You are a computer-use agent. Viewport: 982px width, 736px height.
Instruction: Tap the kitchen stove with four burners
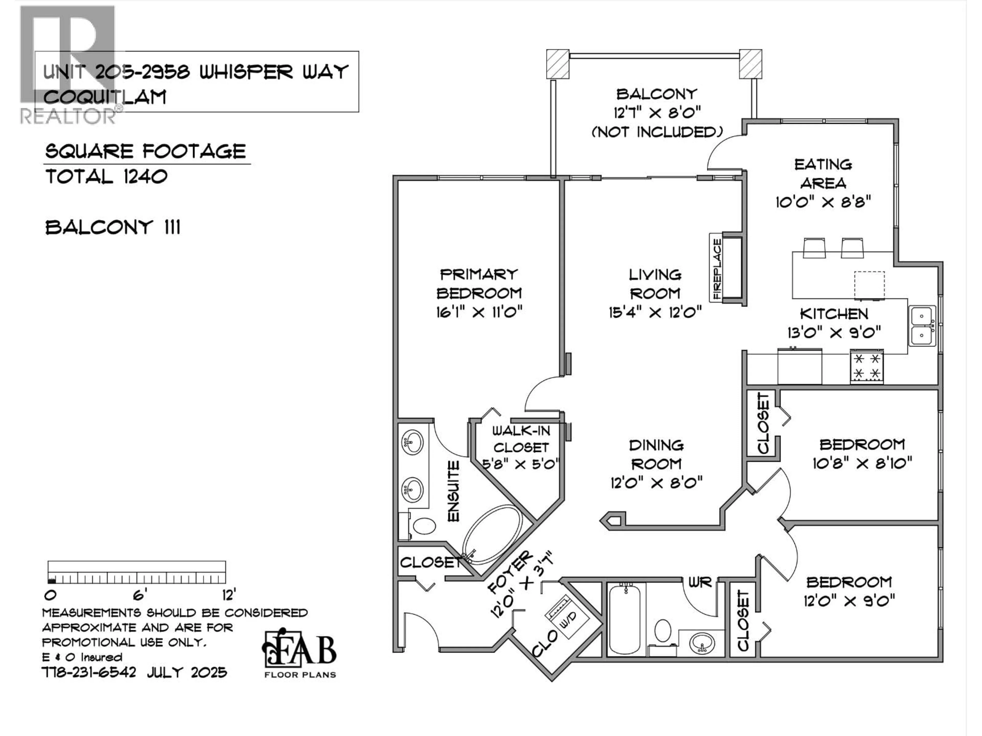click(x=867, y=366)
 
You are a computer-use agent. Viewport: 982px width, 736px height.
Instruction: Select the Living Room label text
click(x=655, y=284)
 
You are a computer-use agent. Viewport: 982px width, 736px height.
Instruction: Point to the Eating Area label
click(x=823, y=174)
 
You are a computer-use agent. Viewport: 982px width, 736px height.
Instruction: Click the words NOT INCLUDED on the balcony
click(x=657, y=132)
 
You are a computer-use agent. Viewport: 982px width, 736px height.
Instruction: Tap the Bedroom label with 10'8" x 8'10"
click(x=862, y=444)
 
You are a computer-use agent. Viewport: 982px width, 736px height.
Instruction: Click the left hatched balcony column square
click(x=557, y=64)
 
